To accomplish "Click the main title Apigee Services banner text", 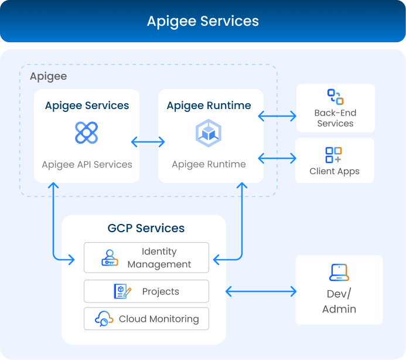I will click(203, 22).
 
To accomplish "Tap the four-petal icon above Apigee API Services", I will click(87, 133).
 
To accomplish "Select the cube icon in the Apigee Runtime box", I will click(209, 133).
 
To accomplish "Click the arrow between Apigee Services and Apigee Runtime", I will click(148, 142).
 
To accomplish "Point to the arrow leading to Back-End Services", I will click(277, 117).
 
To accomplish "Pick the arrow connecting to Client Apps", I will click(277, 158).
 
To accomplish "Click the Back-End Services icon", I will click(335, 97).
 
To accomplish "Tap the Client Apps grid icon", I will click(334, 155).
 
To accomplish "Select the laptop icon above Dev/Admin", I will click(339, 273).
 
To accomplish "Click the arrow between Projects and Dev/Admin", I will click(261, 291).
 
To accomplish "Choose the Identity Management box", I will click(146, 258).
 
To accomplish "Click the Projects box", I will click(146, 291).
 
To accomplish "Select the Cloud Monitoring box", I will click(146, 319).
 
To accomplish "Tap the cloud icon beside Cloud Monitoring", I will click(104, 319).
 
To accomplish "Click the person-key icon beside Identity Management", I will click(110, 258).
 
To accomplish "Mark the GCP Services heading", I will click(146, 228).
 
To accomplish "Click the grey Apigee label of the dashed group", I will click(48, 77).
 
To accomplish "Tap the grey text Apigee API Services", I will click(87, 165).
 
